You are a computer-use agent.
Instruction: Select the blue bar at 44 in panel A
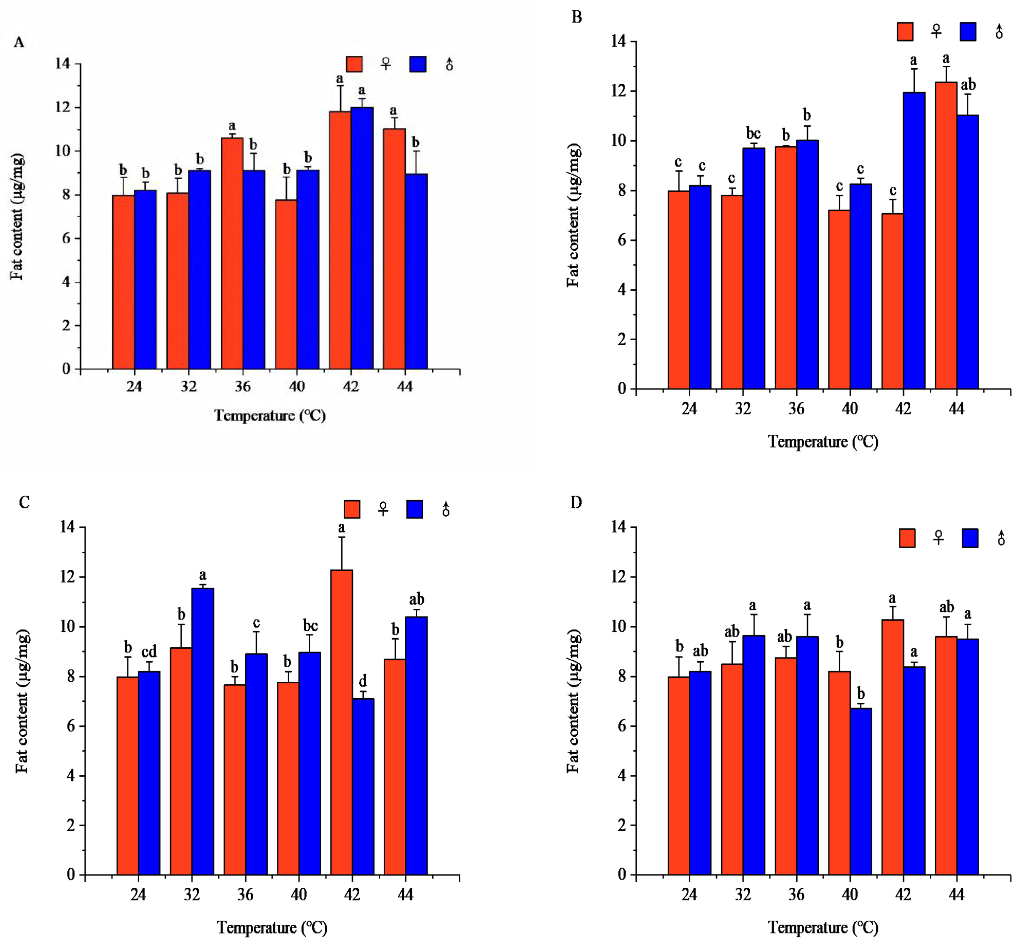pyautogui.click(x=416, y=271)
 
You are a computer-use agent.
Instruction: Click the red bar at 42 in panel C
pyautogui.click(x=341, y=722)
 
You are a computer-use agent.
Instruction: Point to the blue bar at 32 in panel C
pyautogui.click(x=202, y=732)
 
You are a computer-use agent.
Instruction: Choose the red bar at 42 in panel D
pyautogui.click(x=893, y=747)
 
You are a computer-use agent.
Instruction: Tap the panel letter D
pyautogui.click(x=576, y=503)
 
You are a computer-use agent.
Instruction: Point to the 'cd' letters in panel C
pyautogui.click(x=149, y=652)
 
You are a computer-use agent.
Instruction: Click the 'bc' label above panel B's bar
pyautogui.click(x=753, y=133)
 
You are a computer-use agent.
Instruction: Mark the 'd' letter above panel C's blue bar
pyautogui.click(x=363, y=681)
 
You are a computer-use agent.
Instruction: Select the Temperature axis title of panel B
pyautogui.click(x=823, y=442)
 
